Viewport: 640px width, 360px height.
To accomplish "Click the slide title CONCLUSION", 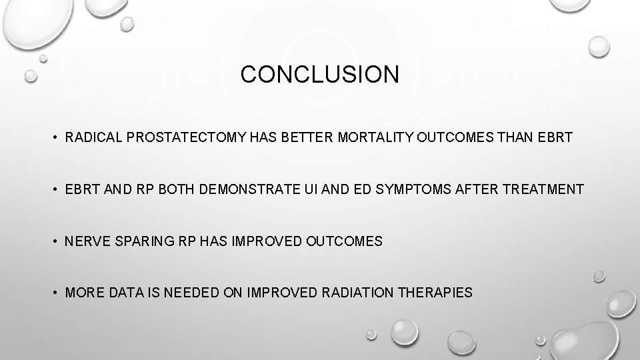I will point(319,75).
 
